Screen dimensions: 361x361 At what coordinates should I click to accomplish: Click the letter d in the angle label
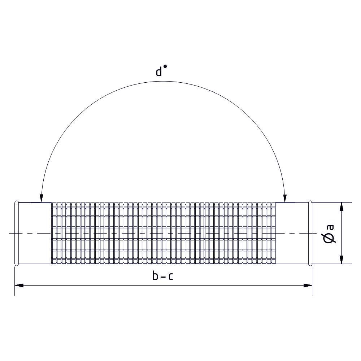coord(159,71)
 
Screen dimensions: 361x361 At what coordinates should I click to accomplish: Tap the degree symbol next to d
coord(165,66)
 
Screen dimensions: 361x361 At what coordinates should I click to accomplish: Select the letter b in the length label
coord(155,275)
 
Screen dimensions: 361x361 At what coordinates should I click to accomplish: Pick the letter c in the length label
coord(171,277)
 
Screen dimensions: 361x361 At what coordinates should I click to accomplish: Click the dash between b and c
coord(163,277)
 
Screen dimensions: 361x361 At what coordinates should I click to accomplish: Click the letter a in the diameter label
coord(330,227)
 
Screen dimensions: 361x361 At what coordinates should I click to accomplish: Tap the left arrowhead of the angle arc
coord(42,198)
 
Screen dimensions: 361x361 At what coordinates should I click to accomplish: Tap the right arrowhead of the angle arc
coord(285,198)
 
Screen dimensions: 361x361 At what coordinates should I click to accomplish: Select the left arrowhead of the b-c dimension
coord(19,286)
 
